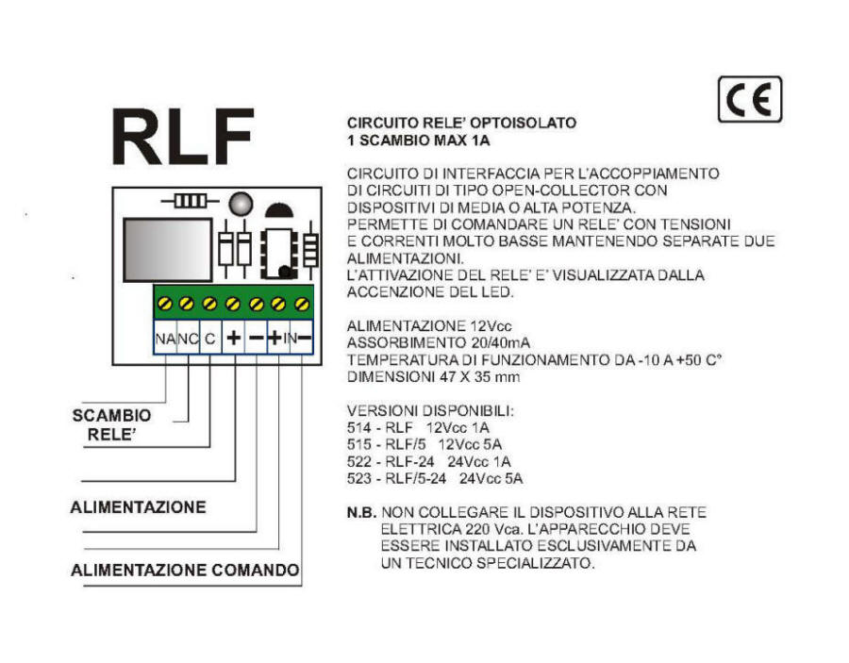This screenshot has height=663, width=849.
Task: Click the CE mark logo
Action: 750,100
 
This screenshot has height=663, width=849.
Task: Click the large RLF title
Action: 183,137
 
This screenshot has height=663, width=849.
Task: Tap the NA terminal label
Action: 165,339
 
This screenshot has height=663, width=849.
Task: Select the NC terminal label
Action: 189,339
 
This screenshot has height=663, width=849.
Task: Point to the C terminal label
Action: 210,339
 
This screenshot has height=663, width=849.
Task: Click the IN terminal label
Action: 291,339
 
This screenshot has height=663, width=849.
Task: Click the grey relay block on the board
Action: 167,250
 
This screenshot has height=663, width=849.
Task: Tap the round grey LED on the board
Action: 241,204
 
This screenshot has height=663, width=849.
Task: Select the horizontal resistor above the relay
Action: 190,201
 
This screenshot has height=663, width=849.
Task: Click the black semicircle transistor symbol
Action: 279,210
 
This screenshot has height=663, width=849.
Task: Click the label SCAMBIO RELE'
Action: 111,424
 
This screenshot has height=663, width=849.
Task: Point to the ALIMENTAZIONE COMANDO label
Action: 185,570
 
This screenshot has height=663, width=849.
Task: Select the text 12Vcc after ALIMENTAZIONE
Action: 491,325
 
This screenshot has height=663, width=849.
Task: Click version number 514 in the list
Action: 359,427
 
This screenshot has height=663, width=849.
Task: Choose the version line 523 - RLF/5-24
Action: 397,478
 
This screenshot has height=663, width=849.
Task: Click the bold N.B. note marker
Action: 361,512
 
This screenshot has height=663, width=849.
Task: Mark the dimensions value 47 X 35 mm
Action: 479,376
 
